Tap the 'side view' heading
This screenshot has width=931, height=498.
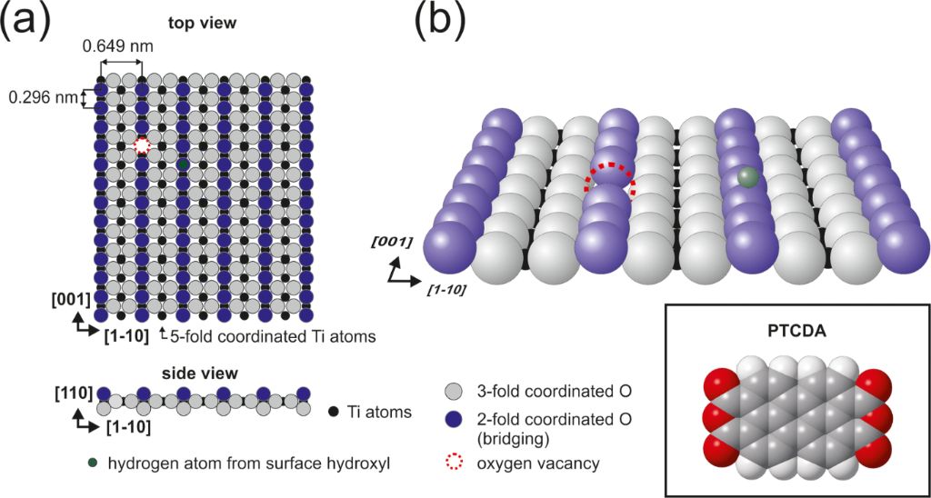coord(204,373)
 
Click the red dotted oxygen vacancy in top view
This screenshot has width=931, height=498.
coord(142,145)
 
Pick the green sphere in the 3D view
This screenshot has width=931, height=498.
coord(746,177)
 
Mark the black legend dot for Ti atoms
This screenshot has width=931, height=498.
coord(335,412)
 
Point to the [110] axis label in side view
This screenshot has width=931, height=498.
coord(73,393)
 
